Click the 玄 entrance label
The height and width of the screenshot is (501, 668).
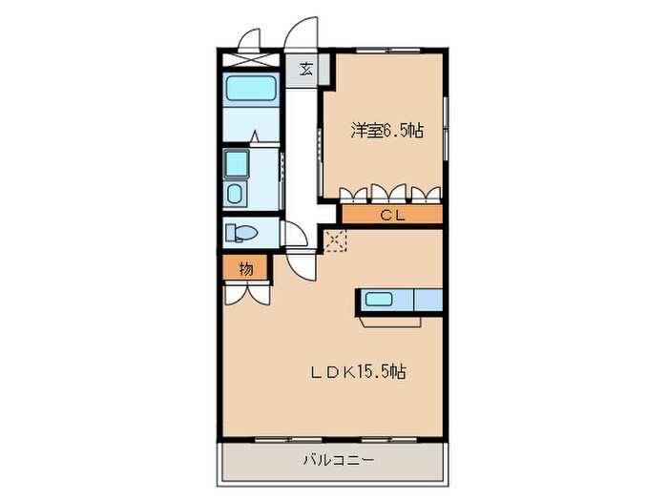point(305,69)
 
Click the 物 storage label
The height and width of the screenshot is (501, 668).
point(245,270)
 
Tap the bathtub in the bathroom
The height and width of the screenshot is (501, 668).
point(250,91)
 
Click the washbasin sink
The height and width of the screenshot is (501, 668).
point(236,194)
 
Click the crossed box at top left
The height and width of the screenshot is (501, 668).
point(251,56)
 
